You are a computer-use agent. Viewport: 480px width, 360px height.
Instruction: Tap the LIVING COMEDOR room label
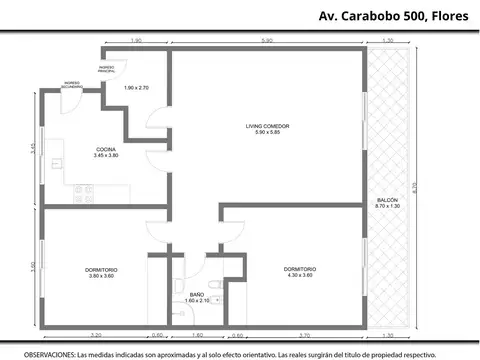click(x=267, y=126)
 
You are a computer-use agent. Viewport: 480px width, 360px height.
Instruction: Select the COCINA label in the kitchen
click(x=105, y=150)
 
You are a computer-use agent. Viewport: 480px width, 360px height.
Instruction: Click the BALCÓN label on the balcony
click(x=387, y=201)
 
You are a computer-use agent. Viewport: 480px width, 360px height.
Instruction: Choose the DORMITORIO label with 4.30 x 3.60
click(x=299, y=271)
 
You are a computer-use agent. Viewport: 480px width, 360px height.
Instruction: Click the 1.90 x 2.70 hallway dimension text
click(x=136, y=88)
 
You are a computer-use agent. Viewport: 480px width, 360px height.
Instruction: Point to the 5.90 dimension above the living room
click(x=267, y=40)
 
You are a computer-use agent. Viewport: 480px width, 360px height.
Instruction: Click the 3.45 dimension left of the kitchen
click(x=33, y=147)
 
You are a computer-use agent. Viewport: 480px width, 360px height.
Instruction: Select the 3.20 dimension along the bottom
click(x=95, y=336)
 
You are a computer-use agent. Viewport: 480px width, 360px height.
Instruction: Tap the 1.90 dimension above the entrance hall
click(x=136, y=40)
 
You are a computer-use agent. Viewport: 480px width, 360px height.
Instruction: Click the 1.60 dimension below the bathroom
click(x=196, y=336)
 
